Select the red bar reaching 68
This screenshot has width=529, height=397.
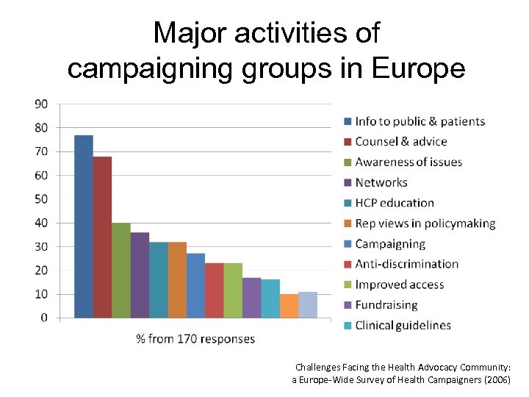coord(102,237)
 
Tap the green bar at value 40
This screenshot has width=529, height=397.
coord(121,270)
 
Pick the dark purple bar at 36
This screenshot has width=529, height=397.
coord(140,275)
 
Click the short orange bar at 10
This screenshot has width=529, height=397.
coord(289,306)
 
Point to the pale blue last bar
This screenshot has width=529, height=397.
coord(308,304)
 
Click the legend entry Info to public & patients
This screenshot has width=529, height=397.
coord(420,121)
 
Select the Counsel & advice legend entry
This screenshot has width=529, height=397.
coord(400,141)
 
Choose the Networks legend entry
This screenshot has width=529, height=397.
coord(381,182)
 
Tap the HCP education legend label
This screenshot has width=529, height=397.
coord(394,203)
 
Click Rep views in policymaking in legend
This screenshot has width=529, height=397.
coord(425,223)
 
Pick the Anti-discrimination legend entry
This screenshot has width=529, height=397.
coord(406,264)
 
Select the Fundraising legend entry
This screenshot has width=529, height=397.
coord(386,305)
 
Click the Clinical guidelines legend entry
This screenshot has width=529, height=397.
coord(403,325)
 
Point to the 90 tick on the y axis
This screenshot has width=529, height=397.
coord(41,104)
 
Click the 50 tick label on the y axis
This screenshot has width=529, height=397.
coord(41,198)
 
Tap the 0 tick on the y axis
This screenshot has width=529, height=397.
coord(44,318)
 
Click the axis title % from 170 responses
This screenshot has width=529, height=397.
coord(195,339)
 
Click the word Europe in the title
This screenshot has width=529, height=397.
coord(419,68)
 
